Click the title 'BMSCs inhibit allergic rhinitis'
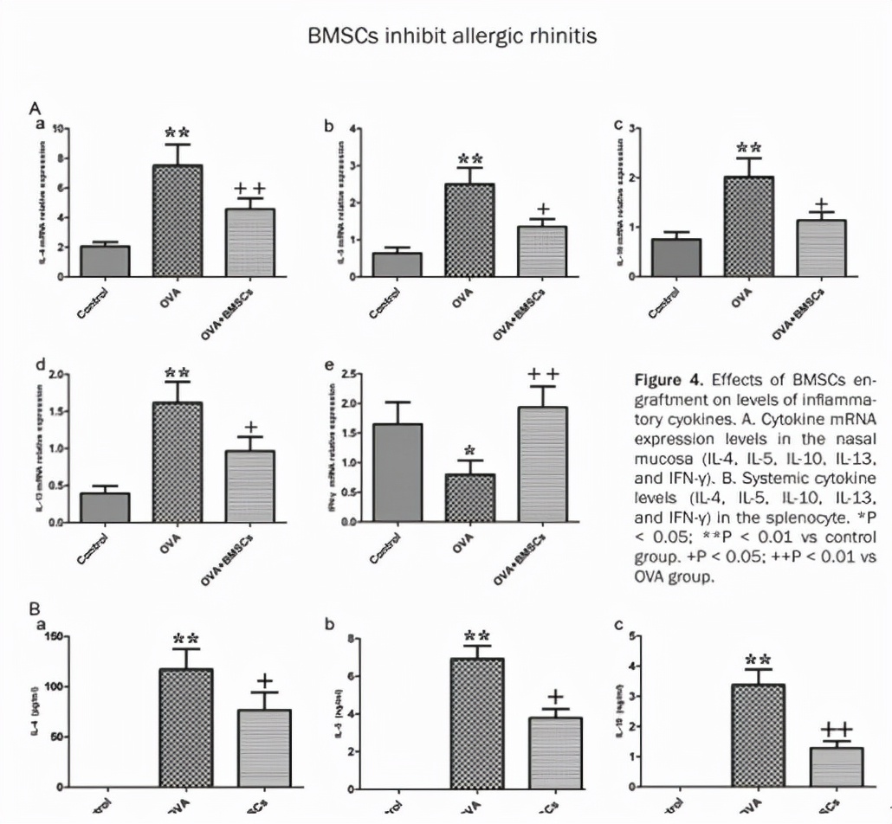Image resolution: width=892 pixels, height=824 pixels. coord(445,38)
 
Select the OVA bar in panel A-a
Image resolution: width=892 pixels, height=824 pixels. coord(178,221)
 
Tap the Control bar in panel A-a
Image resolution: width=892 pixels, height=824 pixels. coord(105,261)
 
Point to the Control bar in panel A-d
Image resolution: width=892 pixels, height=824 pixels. coord(105,507)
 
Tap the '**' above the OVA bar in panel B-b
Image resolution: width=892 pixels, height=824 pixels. coord(477,636)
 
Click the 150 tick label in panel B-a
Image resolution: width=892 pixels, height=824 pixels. coord(53,638)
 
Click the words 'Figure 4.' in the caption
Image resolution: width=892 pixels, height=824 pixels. coord(665,381)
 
